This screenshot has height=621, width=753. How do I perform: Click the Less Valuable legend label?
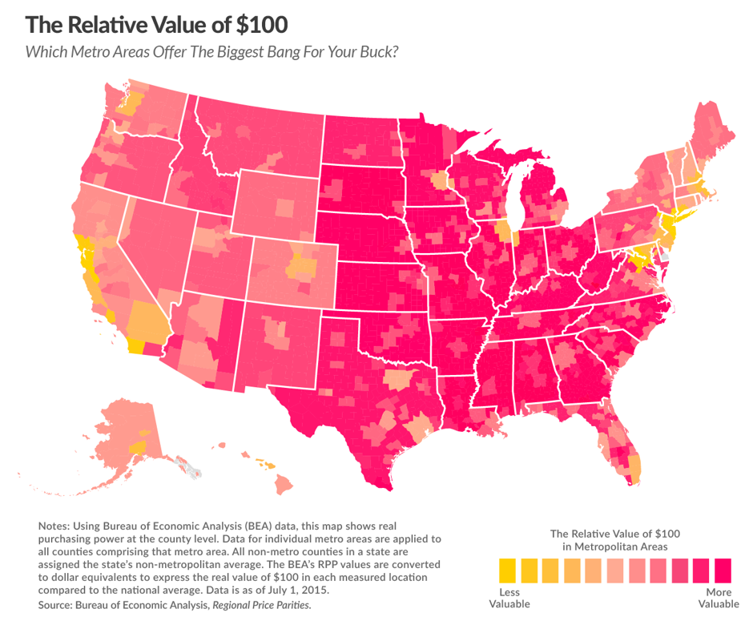tap(504, 598)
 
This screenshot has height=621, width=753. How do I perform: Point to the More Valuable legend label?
tap(719, 598)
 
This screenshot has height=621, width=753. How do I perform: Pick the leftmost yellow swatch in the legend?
tap(507, 570)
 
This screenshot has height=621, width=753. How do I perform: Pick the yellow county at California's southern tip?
tap(135, 346)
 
